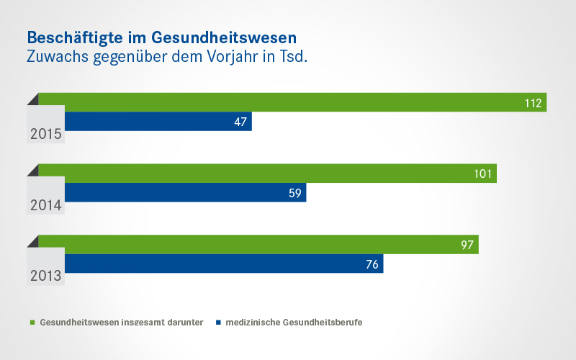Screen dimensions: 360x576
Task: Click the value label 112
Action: coord(533,103)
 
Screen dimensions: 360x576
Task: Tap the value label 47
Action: coord(240,122)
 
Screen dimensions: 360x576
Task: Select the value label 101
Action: coord(482,174)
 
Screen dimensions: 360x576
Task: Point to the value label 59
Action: coord(295,194)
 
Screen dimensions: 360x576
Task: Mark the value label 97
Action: coord(467,246)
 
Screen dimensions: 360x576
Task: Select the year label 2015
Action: coord(45,134)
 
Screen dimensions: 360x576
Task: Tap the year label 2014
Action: coord(45,205)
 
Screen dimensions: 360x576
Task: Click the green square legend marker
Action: coord(32,323)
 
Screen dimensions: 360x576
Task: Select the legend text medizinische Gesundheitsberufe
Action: coord(294,323)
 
